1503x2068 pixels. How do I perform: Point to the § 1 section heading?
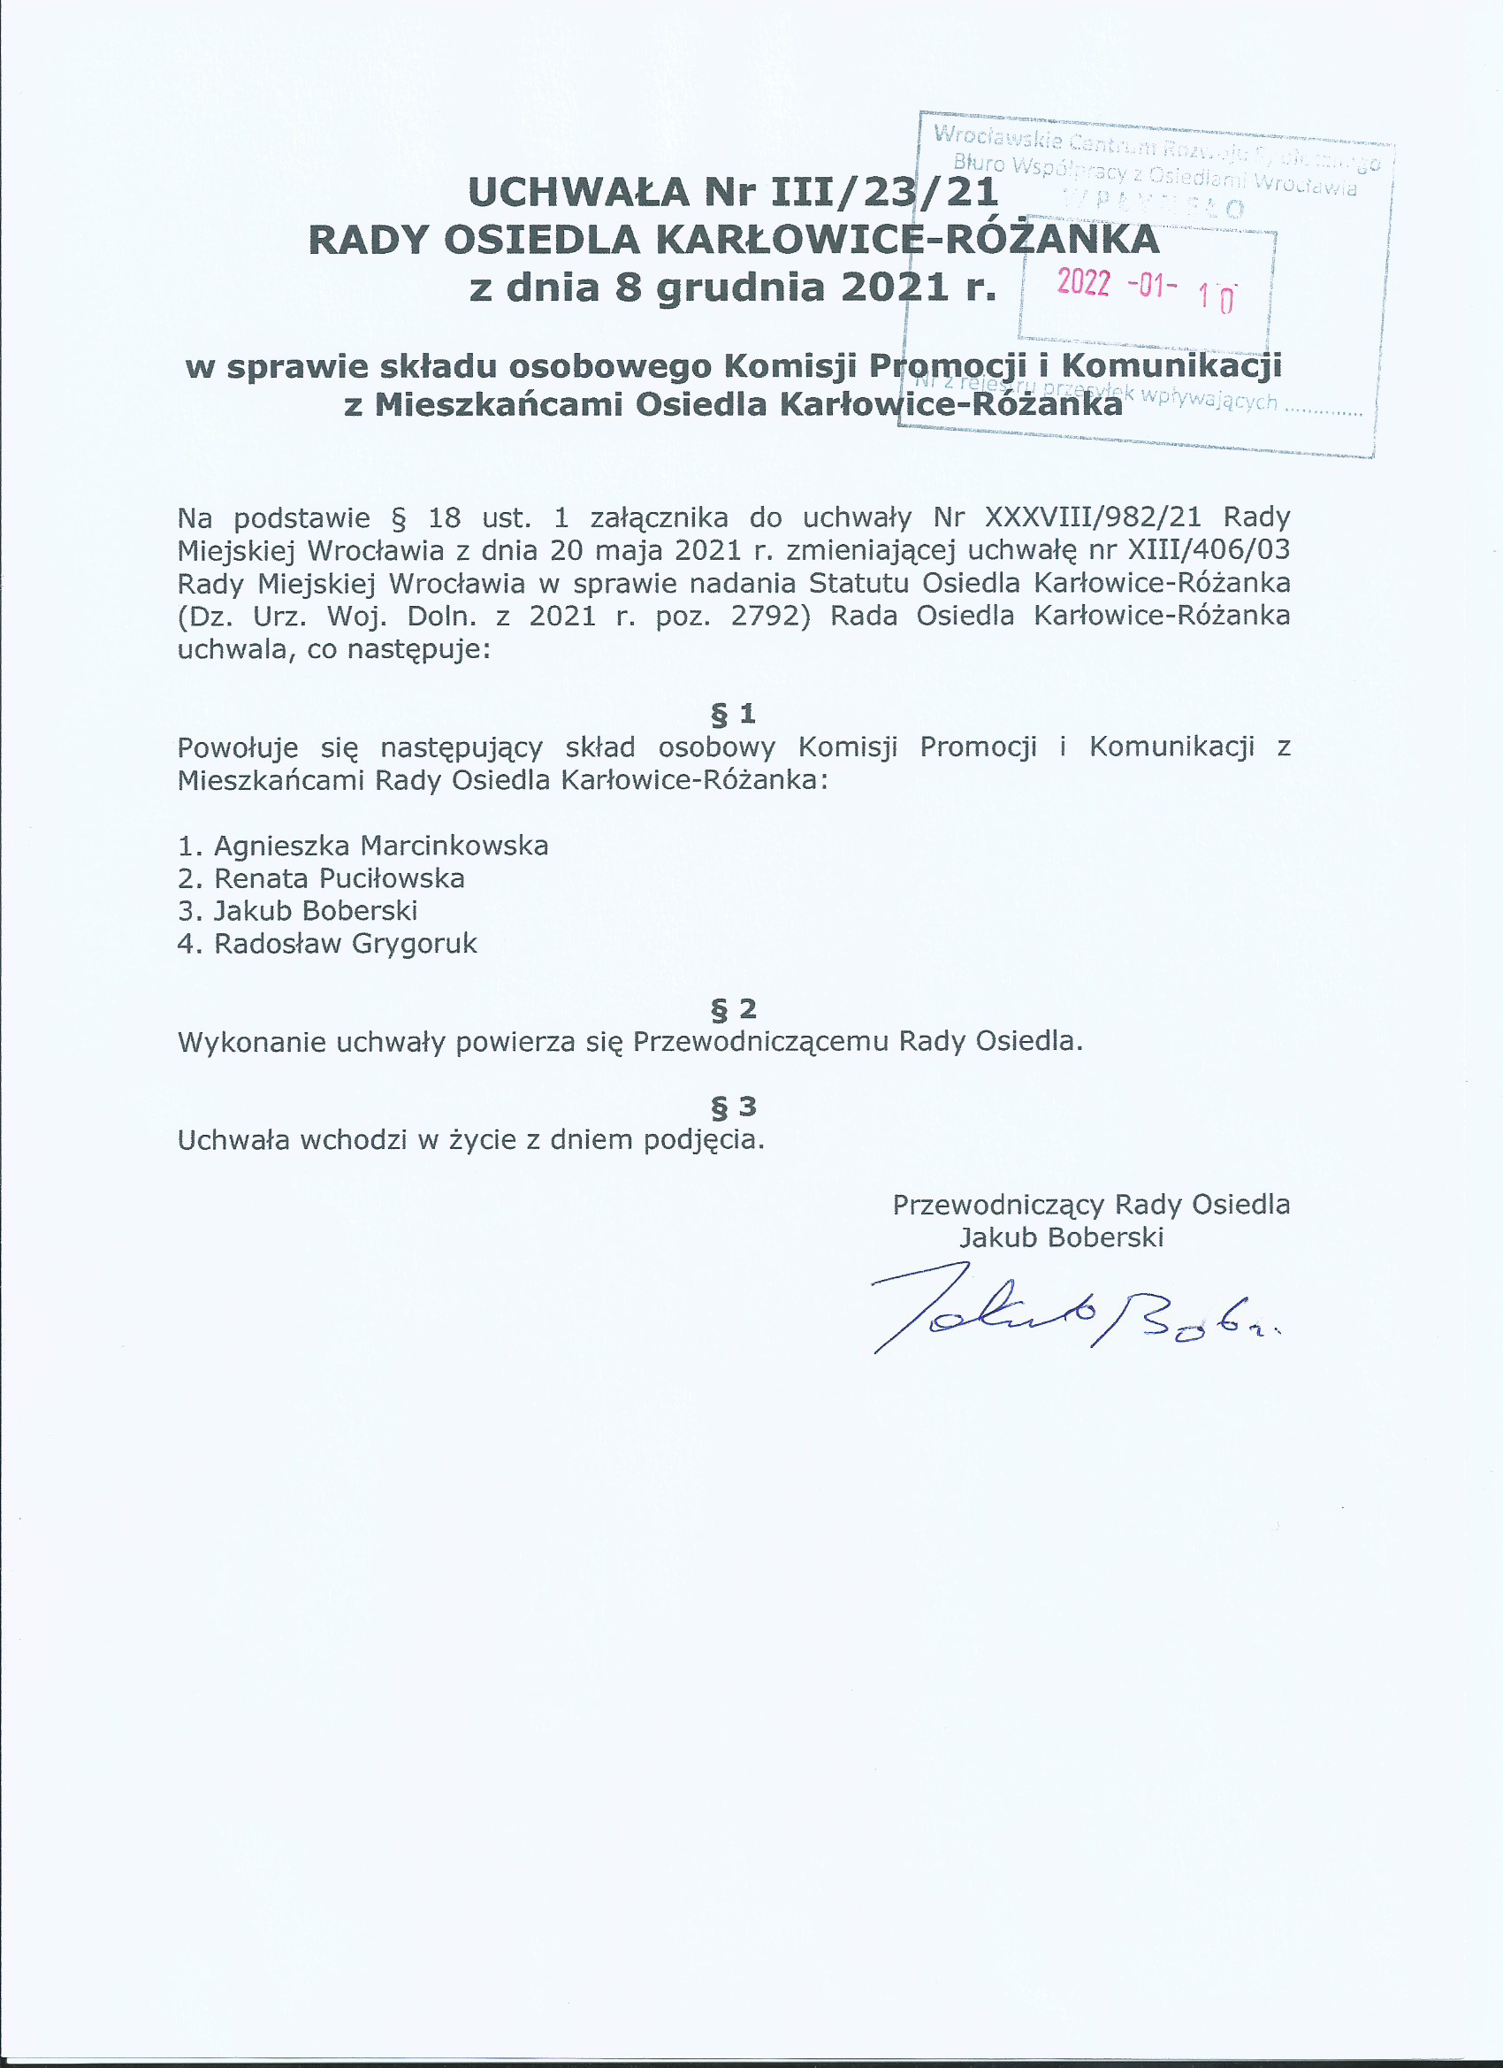coord(733,713)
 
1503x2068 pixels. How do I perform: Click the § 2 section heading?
coord(733,1008)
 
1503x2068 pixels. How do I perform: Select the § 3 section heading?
coord(733,1106)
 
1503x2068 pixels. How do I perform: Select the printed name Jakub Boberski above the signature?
coord(1061,1237)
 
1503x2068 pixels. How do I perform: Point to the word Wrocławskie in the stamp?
coord(998,138)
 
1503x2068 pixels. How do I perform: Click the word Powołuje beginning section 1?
coord(238,747)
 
